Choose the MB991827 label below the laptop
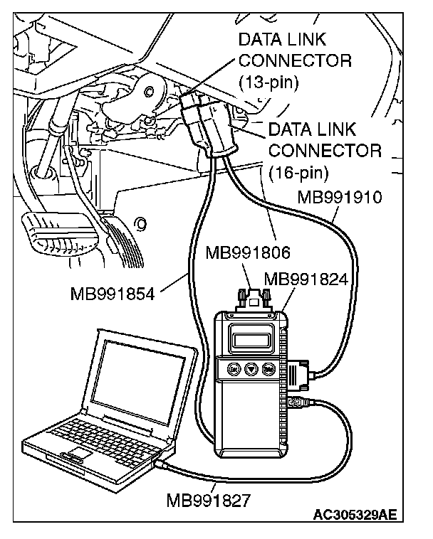[208, 502]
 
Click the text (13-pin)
[268, 81]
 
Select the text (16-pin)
[298, 171]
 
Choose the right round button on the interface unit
[268, 369]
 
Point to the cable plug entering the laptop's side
[162, 462]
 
